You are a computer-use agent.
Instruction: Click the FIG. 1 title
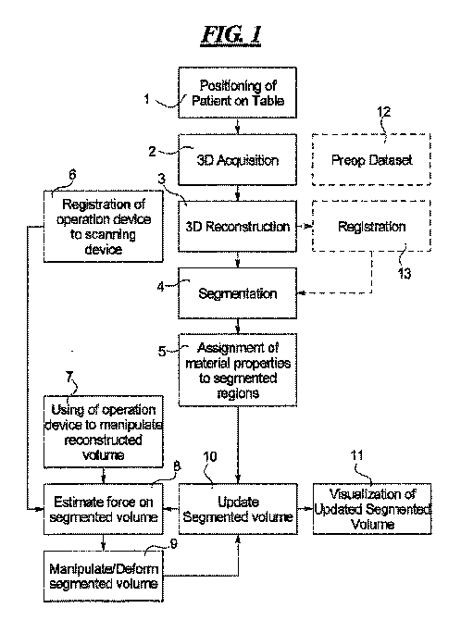(x=230, y=35)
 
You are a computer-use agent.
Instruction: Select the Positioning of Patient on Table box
(x=238, y=93)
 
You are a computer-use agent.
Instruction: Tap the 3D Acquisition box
(x=238, y=160)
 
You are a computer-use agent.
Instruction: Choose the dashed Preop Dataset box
(x=371, y=160)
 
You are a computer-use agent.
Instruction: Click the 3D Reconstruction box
(x=238, y=227)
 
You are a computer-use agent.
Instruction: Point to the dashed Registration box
(x=371, y=226)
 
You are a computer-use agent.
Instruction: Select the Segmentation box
(x=238, y=293)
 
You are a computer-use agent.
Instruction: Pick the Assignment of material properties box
(x=238, y=370)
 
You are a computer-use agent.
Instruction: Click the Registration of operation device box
(x=104, y=227)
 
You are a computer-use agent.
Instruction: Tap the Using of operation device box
(x=104, y=431)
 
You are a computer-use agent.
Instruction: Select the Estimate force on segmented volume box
(x=104, y=509)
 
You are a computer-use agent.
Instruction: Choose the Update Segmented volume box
(x=238, y=509)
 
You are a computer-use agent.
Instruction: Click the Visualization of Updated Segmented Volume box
(x=372, y=509)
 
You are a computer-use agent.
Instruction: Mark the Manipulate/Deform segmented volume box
(x=104, y=577)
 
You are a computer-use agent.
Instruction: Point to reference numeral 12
(x=383, y=111)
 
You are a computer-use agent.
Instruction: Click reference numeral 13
(x=405, y=273)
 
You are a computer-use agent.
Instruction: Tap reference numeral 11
(x=356, y=455)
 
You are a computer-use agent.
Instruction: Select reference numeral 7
(x=69, y=377)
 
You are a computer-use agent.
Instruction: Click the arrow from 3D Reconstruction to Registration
(x=305, y=227)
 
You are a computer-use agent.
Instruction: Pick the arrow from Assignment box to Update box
(x=238, y=445)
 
